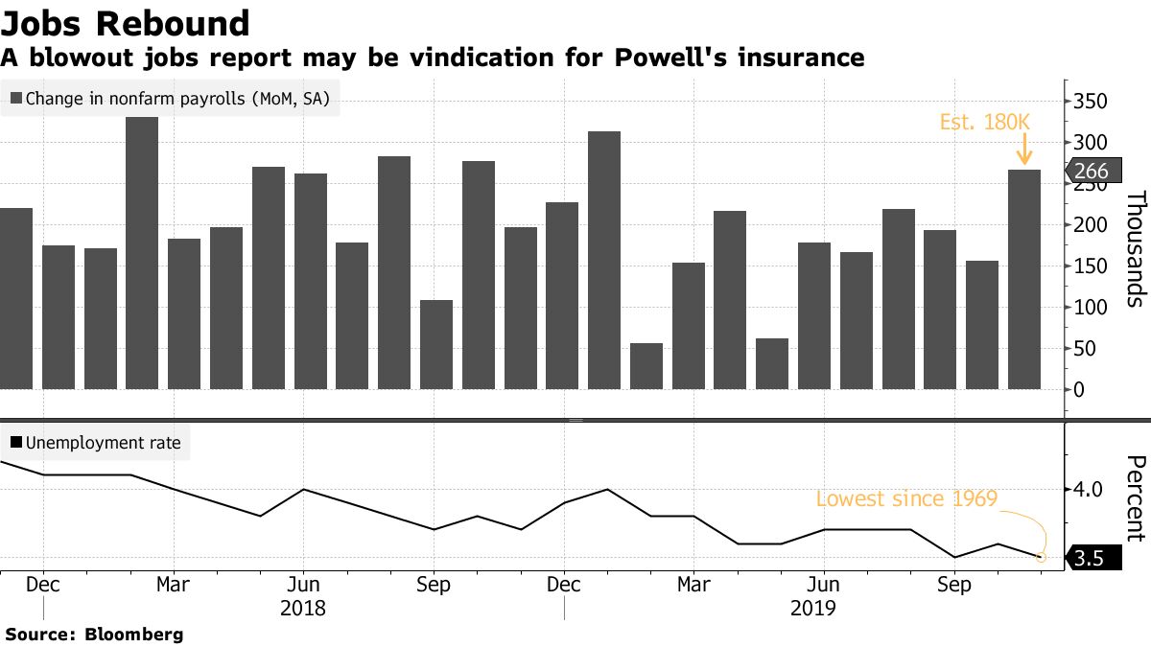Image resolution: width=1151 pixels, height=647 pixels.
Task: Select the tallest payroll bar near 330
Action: (x=142, y=253)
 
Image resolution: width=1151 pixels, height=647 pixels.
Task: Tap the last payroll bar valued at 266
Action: (x=1024, y=279)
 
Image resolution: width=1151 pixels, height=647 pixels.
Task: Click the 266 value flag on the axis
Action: (x=1091, y=172)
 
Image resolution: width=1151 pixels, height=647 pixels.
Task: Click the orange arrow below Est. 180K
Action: (x=1024, y=150)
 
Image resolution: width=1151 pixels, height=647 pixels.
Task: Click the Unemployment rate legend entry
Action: (x=96, y=443)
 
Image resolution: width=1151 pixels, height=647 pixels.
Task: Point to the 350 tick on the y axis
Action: (x=1090, y=103)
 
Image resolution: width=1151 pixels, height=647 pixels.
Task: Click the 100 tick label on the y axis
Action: (x=1090, y=308)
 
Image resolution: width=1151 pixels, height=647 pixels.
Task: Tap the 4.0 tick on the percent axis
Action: (x=1089, y=489)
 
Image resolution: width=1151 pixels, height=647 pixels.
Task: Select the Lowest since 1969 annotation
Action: (x=906, y=498)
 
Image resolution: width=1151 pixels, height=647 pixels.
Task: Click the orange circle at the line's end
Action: (x=1042, y=557)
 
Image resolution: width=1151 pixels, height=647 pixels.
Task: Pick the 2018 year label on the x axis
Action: (x=303, y=608)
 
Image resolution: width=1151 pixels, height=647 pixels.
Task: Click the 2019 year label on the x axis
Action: (x=814, y=608)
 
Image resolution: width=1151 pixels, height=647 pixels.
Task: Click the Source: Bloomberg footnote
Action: (x=94, y=634)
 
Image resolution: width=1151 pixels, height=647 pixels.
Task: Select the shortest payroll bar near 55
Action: (x=646, y=365)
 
